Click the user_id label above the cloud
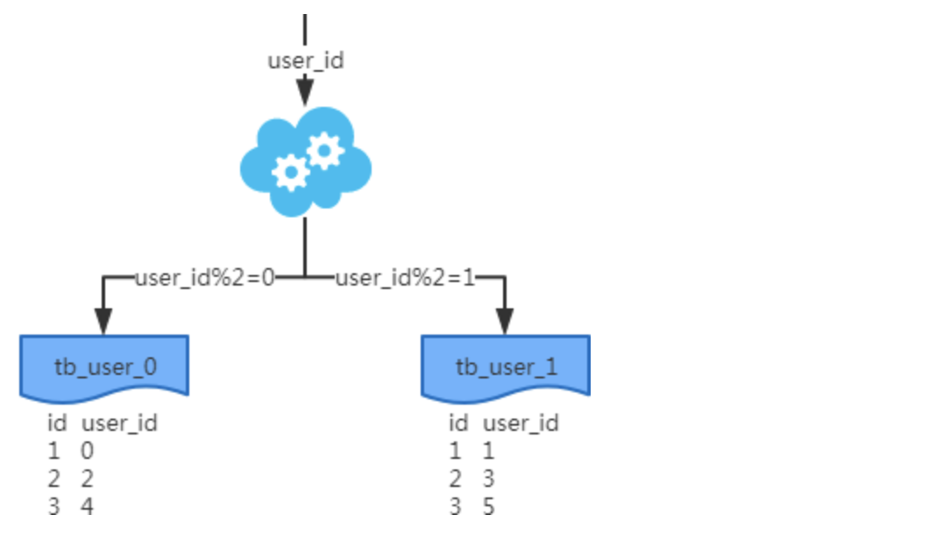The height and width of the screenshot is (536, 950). (305, 60)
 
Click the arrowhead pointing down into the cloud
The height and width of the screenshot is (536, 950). (305, 91)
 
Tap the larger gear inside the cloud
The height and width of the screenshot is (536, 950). (291, 173)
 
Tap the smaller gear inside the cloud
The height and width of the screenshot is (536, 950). (325, 150)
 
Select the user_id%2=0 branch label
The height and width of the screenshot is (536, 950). (205, 278)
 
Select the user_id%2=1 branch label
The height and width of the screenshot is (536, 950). (405, 278)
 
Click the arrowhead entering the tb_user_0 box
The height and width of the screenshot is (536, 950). (103, 321)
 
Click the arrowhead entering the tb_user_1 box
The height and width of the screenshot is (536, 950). (505, 321)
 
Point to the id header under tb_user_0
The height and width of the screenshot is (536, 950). (57, 423)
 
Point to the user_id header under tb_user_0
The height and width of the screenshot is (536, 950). (119, 423)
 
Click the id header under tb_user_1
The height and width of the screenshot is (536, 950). (458, 423)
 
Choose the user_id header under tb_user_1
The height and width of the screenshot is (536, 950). (521, 423)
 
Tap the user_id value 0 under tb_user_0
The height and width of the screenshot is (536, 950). (88, 450)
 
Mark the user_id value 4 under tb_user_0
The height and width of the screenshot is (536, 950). (88, 506)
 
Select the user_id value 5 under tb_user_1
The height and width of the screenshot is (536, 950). (488, 506)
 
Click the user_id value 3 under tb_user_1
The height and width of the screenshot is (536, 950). (488, 478)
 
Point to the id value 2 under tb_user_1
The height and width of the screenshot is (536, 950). (455, 478)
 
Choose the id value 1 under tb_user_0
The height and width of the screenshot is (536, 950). (54, 450)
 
